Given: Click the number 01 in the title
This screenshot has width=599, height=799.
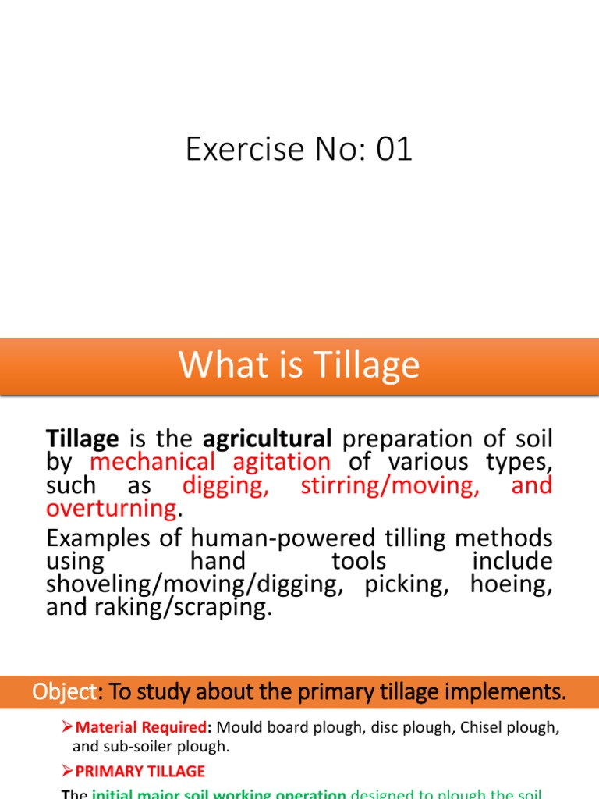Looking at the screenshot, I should pyautogui.click(x=393, y=149).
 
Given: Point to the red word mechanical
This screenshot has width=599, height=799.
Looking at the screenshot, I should pyautogui.click(x=152, y=461).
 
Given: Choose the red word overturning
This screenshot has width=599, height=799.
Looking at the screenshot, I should pyautogui.click(x=112, y=509).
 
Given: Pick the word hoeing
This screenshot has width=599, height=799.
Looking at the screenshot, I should pyautogui.click(x=512, y=584).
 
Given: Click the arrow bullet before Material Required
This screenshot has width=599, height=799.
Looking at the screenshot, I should pyautogui.click(x=67, y=727).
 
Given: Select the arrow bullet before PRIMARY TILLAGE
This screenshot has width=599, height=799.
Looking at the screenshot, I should pyautogui.click(x=67, y=772).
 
